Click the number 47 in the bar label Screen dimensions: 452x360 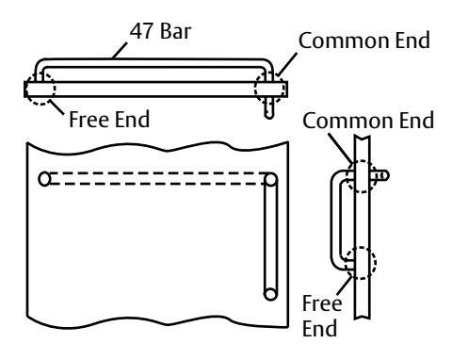tap(141, 31)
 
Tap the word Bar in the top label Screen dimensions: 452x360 tap(175, 31)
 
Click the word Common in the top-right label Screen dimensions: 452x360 tap(344, 41)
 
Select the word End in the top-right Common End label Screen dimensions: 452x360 tap(412, 41)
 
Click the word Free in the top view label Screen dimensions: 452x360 tap(89, 120)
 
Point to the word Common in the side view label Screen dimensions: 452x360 tap(347, 121)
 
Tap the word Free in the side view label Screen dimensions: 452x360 tap(322, 303)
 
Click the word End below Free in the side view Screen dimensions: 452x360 tap(320, 328)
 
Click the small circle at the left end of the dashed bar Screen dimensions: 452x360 tap(44, 179)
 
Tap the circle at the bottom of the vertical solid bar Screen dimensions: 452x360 tap(270, 294)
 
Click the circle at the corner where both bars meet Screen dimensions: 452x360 tap(270, 179)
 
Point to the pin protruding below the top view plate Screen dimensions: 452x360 tap(269, 107)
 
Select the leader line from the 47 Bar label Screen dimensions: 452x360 tap(120, 51)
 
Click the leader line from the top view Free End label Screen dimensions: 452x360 tap(57, 106)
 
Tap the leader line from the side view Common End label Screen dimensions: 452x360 tap(341, 148)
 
